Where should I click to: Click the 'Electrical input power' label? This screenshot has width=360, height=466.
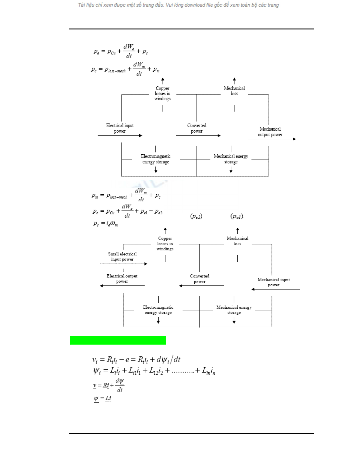[120, 128]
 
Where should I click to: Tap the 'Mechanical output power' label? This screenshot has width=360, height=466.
[270, 132]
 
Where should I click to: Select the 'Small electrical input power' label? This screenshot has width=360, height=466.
[122, 256]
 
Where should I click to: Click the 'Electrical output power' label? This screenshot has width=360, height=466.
[122, 278]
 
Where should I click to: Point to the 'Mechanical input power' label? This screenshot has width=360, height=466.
[274, 282]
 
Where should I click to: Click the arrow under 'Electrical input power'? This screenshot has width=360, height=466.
[120, 136]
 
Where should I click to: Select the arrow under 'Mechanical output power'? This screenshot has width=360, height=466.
[272, 139]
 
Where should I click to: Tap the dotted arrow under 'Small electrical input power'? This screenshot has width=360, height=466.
[123, 264]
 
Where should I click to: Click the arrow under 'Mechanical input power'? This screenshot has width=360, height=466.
[275, 289]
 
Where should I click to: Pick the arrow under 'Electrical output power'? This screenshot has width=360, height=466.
[122, 285]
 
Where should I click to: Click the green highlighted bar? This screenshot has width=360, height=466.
[118, 340]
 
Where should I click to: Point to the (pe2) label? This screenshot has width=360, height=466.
[196, 217]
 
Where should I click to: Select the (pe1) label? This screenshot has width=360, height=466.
[237, 217]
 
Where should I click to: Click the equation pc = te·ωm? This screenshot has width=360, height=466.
[106, 224]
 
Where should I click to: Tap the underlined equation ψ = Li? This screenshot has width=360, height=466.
[103, 399]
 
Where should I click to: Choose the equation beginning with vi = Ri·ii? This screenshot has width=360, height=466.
[136, 359]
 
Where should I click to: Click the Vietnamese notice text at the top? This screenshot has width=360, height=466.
[178, 5]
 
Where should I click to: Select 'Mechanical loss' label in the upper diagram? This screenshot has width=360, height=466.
[234, 91]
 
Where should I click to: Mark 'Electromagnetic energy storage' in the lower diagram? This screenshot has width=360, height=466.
[158, 310]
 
